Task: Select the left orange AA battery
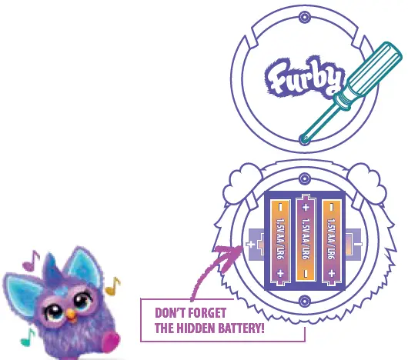coord(281,240)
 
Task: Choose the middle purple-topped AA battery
coord(306,240)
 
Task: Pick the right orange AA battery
coord(332,240)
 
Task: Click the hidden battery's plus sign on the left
coord(250,246)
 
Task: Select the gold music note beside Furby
coord(112,287)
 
